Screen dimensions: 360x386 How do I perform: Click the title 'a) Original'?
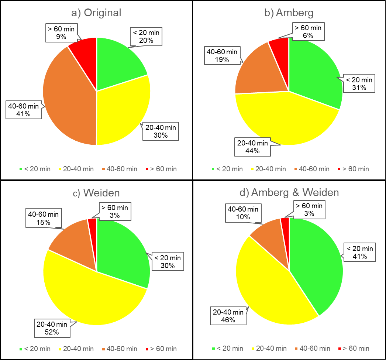pos(96,13)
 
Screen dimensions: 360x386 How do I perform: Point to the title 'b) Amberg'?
pos(289,13)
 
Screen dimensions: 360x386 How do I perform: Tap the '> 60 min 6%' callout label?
pos(308,31)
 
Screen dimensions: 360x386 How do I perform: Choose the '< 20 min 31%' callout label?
pos(359,84)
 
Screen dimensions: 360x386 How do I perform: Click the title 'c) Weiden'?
pos(96,192)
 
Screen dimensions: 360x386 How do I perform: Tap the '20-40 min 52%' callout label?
pos(52,328)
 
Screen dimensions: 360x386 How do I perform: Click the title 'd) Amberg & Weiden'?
pos(289,192)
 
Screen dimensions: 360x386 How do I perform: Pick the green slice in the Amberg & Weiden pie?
pos(317,266)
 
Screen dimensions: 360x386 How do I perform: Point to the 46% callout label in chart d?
pos(228,316)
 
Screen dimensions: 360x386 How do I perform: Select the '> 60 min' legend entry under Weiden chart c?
pos(161,349)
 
